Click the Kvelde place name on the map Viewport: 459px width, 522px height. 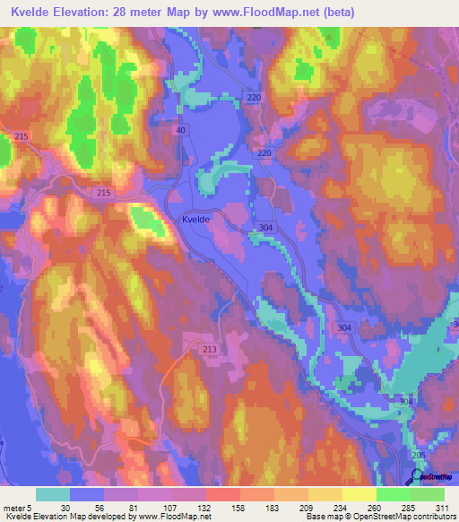coord(196,219)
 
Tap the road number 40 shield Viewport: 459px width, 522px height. coord(181,129)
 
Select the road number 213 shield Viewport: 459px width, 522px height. coord(210,349)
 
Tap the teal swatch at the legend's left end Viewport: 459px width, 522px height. coord(53,494)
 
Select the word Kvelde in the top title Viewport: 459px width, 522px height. coord(34,13)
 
